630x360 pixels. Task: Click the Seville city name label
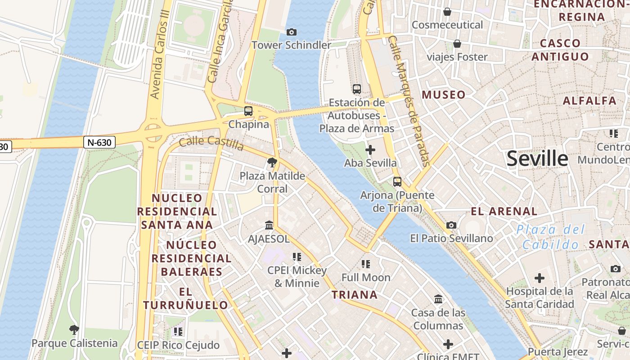(x=537, y=159)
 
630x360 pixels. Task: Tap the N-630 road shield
(x=99, y=142)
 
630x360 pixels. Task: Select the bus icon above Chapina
(x=248, y=111)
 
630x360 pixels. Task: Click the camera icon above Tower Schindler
(x=291, y=32)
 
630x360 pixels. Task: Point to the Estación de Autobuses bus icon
(x=357, y=89)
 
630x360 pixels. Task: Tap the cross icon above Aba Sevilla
(x=370, y=150)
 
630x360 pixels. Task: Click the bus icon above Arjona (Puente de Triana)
(x=397, y=182)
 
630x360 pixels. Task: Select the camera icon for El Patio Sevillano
(x=451, y=225)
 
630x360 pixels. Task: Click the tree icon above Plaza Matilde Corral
(x=272, y=162)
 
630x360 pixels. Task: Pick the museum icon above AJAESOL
(x=269, y=225)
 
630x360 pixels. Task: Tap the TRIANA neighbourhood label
(x=355, y=295)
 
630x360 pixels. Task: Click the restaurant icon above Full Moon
(x=365, y=264)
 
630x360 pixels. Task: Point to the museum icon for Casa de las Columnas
(x=438, y=299)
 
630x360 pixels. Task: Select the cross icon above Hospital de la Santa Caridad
(x=539, y=278)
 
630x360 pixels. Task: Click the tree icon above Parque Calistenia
(x=74, y=330)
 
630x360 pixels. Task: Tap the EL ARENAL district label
(x=504, y=211)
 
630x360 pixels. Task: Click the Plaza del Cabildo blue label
(x=551, y=237)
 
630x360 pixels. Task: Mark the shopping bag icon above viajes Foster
(x=457, y=44)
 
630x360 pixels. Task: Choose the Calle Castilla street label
(x=211, y=143)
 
